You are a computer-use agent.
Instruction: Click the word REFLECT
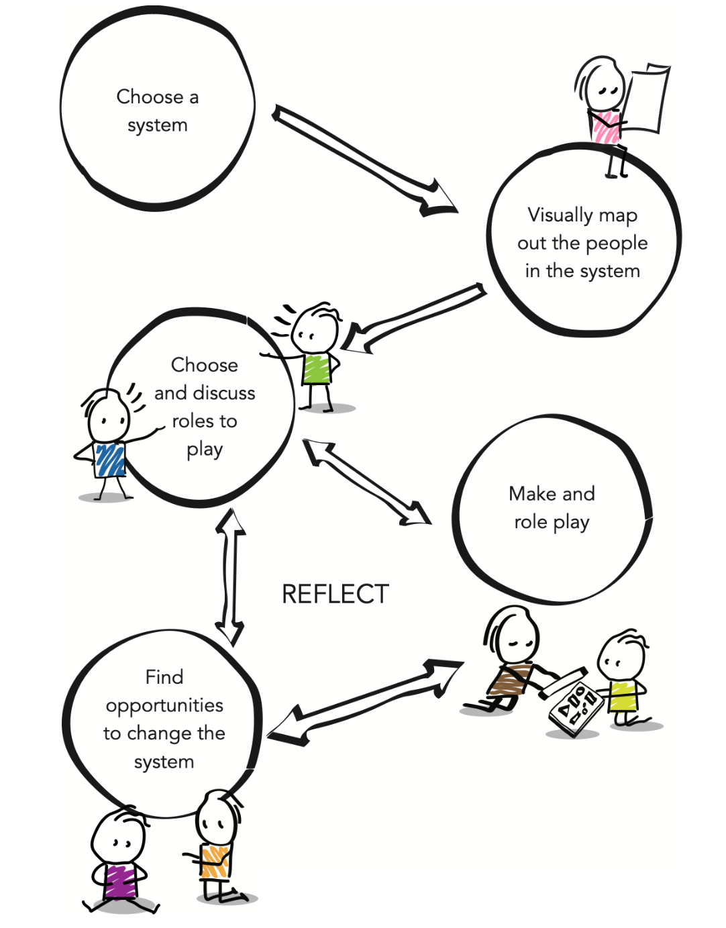[335, 594]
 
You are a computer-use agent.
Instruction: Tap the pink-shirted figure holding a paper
[604, 114]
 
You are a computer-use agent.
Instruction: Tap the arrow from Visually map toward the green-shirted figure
[416, 315]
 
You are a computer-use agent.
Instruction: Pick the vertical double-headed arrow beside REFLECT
[230, 577]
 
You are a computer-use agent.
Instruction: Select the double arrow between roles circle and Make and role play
[366, 481]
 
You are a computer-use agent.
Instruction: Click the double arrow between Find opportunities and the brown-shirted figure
[366, 701]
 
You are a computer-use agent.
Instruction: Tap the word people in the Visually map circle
[617, 244]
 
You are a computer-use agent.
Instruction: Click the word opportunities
[164, 706]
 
